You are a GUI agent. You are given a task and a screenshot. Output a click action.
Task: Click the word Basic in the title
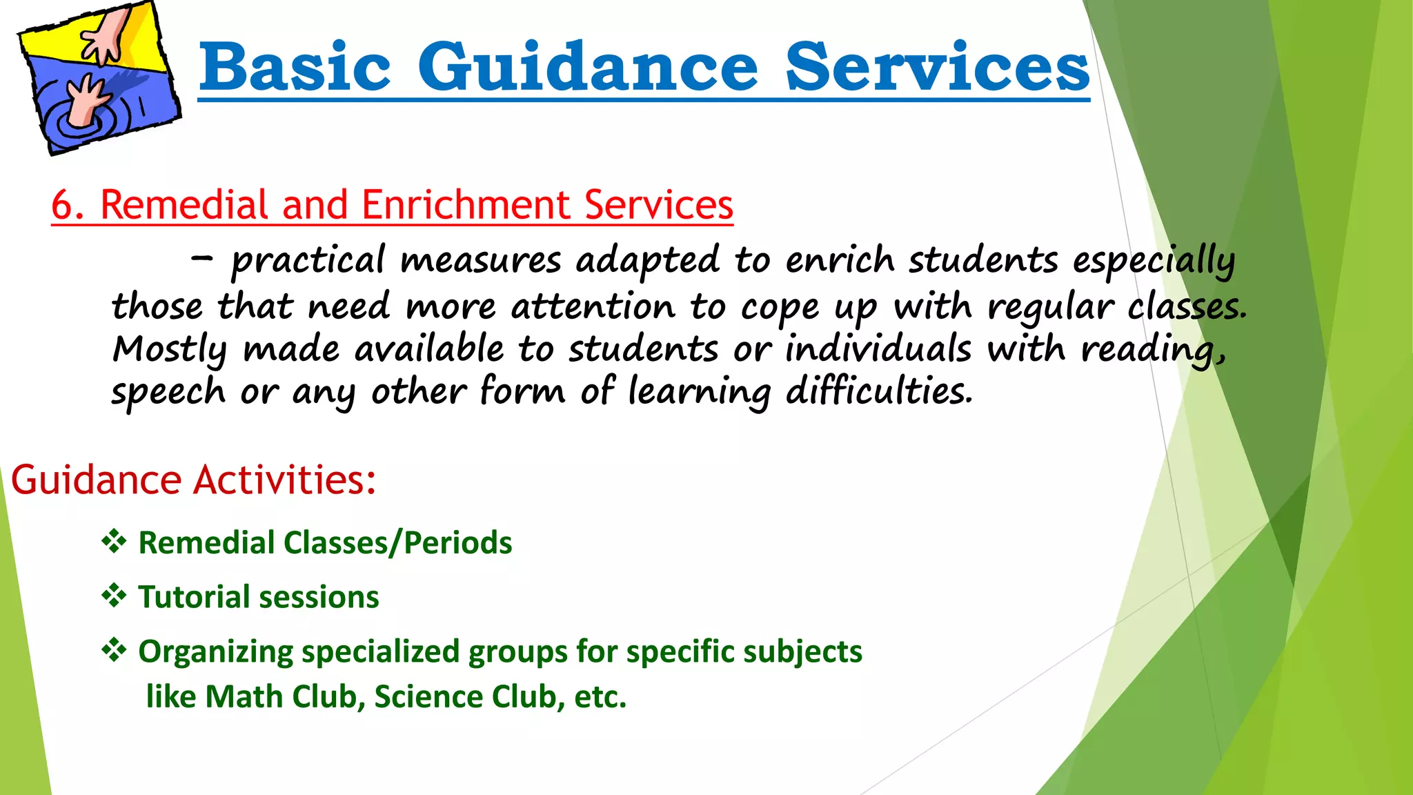(295, 67)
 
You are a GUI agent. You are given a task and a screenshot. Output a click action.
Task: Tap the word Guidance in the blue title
(588, 67)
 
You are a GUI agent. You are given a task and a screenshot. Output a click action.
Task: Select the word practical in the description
(308, 262)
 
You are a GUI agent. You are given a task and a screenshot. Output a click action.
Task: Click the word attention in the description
(593, 307)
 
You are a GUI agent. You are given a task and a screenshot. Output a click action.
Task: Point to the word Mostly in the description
(170, 349)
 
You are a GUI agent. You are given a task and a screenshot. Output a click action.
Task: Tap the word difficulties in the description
(879, 391)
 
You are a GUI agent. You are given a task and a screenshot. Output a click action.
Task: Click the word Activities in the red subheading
(284, 480)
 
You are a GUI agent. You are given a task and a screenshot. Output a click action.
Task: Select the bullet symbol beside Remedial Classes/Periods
(114, 541)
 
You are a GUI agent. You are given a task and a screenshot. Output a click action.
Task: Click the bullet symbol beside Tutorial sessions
(114, 595)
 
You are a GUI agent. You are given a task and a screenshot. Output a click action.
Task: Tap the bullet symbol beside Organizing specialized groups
(114, 649)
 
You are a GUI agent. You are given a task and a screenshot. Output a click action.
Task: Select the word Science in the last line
(428, 696)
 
